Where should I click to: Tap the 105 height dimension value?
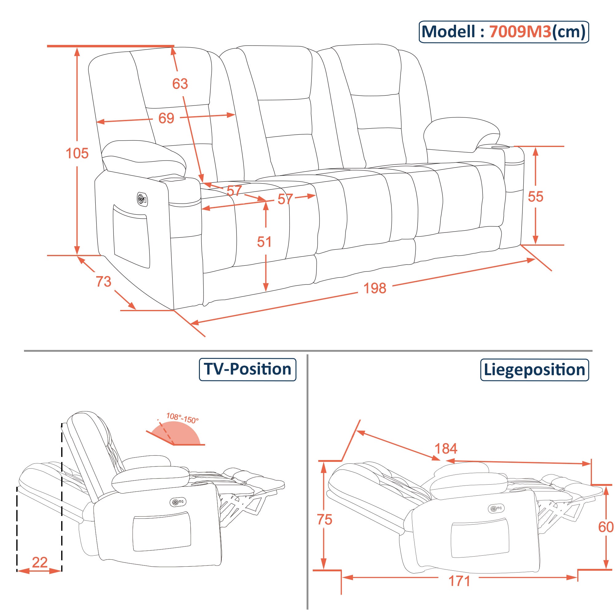pos(77,153)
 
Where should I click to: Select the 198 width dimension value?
pos(375,288)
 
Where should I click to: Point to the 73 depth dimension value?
pos(103,281)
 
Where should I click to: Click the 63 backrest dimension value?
pos(180,84)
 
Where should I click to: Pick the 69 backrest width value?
pos(166,118)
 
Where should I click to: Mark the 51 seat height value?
pos(264,242)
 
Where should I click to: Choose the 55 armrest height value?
pos(535,197)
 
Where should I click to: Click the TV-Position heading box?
pos(247,369)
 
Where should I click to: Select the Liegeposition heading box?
pos(534,370)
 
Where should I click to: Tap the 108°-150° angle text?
pos(182,418)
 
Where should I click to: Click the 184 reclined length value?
pos(446,449)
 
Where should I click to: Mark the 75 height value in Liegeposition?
pos(324,519)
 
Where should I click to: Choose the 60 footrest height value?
pos(606,527)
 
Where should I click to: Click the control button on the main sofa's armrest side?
pos(142,199)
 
